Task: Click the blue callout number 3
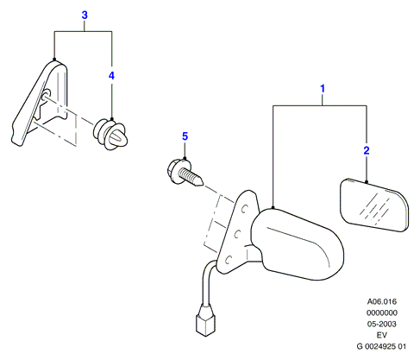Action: click(85, 15)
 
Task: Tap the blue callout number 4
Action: click(111, 75)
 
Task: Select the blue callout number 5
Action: click(185, 136)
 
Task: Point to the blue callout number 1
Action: click(323, 89)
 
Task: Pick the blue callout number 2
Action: click(367, 150)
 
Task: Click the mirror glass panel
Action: click(374, 205)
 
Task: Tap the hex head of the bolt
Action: click(173, 172)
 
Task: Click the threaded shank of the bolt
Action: click(191, 177)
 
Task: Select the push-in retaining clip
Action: click(110, 135)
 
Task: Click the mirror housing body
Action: click(298, 244)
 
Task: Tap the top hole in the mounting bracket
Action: click(244, 209)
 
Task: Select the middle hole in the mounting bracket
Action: click(237, 234)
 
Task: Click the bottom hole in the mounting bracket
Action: click(229, 260)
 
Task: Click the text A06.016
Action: click(382, 301)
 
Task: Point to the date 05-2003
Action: click(382, 324)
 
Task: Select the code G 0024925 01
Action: click(381, 346)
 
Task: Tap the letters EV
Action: click(382, 335)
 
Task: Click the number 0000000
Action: click(382, 313)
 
